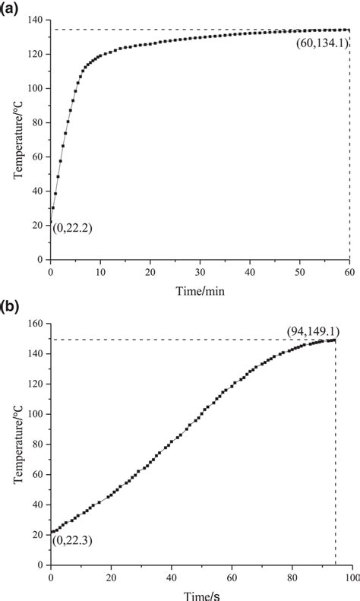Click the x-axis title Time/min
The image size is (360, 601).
coord(200,289)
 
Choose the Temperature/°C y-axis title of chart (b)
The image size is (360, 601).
coord(17,444)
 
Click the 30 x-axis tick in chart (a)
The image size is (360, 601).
coord(200,270)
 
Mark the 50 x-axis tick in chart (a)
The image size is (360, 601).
coord(299,270)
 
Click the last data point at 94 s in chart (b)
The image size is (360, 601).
coord(335,340)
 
